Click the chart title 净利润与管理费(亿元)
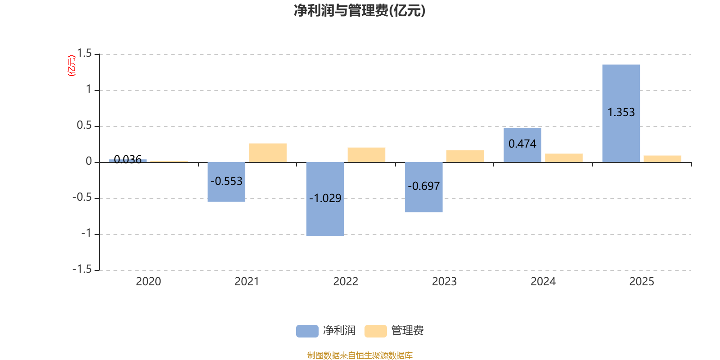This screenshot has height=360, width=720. coord(359,10)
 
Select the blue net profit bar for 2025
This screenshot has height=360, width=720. coord(621,90)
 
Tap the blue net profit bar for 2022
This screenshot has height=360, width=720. coord(325,216)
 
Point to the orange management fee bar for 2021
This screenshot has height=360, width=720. coord(268,153)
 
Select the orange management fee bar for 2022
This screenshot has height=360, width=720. coord(366,154)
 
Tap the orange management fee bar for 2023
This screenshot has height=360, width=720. coord(465,156)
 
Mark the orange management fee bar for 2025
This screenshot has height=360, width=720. coord(662,158)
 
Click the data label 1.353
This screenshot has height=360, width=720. coord(621,112)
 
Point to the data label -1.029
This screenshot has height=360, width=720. coord(325,198)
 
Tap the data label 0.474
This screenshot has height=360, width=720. coord(522,144)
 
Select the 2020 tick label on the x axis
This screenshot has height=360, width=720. coord(148,282)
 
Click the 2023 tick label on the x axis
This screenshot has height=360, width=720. coord(444,282)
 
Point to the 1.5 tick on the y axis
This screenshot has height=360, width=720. coord(84,54)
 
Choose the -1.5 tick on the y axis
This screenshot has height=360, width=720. coord(82,269)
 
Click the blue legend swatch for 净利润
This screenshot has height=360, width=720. coord(307,331)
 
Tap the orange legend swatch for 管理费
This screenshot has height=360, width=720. coord(375,331)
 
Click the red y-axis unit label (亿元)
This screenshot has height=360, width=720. coord(72,66)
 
